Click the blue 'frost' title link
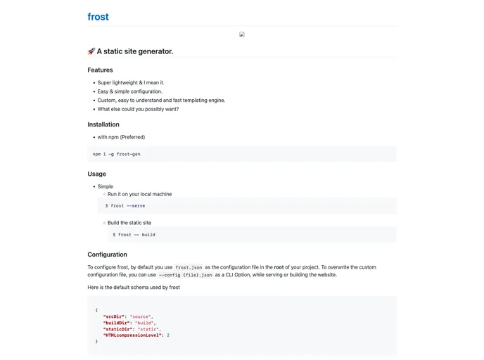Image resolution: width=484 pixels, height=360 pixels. (x=98, y=17)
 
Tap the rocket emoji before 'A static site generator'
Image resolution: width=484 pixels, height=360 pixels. (x=91, y=51)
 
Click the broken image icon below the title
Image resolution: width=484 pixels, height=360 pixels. (x=242, y=34)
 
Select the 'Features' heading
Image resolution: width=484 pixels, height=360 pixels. (x=100, y=70)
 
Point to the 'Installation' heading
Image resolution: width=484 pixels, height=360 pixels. (x=103, y=124)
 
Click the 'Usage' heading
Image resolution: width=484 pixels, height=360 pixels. (x=97, y=174)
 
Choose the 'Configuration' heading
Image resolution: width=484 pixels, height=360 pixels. (x=107, y=255)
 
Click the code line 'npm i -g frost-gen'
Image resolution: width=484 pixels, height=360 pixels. (x=117, y=154)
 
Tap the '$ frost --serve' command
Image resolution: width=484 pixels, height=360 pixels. (x=125, y=206)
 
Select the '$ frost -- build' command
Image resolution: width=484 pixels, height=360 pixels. (x=134, y=235)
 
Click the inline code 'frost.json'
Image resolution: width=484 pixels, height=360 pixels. (x=189, y=268)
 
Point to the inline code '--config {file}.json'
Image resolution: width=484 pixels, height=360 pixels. (x=186, y=276)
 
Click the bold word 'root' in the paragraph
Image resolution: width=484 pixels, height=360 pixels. (x=279, y=267)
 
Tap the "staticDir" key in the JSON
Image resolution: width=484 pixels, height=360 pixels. (x=120, y=329)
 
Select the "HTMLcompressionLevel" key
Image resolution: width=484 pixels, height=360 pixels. (x=133, y=335)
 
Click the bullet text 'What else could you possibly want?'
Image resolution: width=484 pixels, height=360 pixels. (x=138, y=109)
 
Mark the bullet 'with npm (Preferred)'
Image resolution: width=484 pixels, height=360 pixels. (x=121, y=137)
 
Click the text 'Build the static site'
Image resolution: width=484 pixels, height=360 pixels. (x=129, y=223)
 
